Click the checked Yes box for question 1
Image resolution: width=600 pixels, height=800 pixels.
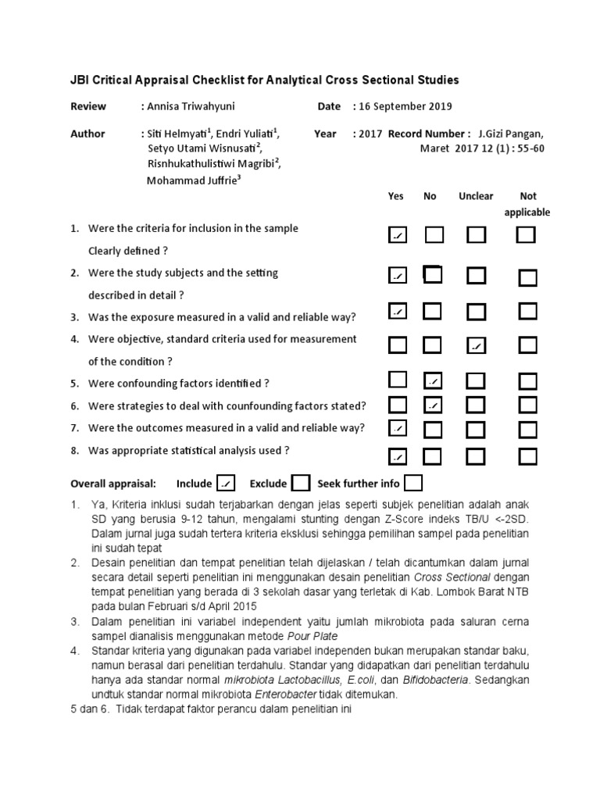pos(398,235)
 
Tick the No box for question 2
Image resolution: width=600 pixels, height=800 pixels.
pos(432,274)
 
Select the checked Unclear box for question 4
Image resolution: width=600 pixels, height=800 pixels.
pos(476,345)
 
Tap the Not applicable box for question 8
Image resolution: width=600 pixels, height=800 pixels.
pos(528,455)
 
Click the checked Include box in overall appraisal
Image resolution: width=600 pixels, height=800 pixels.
pos(226,484)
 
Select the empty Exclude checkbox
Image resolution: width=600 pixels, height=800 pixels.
pos(301,484)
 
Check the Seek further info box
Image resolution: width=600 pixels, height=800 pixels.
pos(413,484)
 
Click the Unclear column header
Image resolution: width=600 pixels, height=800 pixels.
pos(476,197)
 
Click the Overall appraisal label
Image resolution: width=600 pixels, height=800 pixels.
pos(113,484)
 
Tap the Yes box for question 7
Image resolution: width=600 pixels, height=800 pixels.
pos(398,427)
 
